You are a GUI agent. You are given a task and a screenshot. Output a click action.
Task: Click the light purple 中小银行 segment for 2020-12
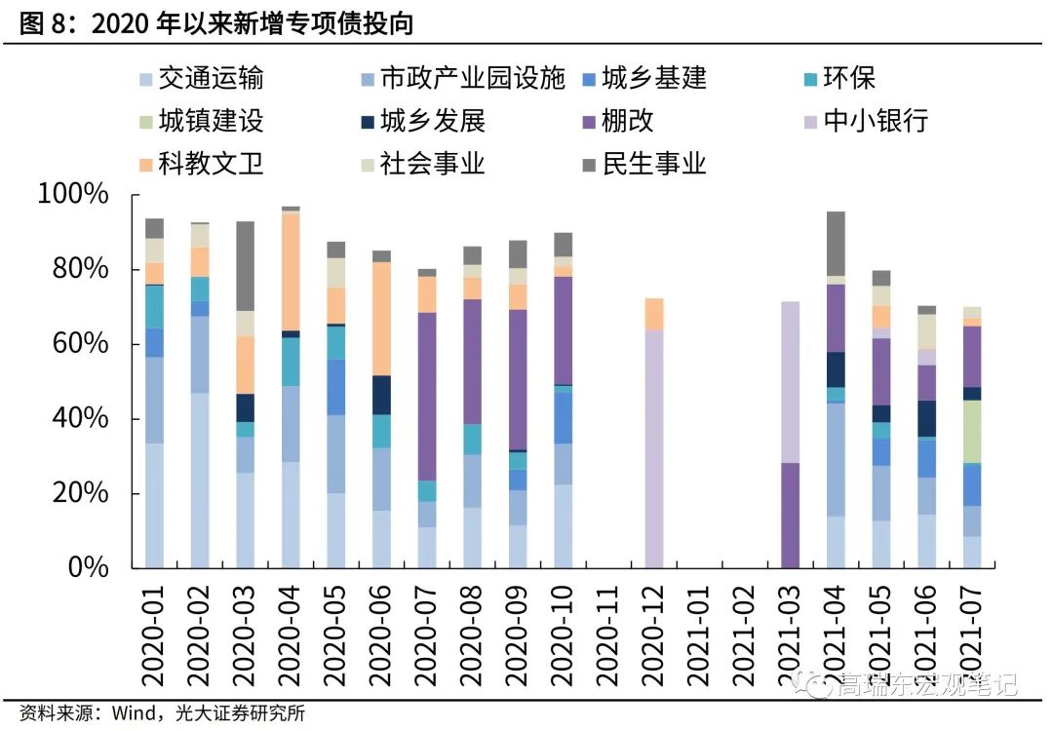point(654,448)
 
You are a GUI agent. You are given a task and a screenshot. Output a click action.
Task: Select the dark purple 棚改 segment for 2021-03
point(791,516)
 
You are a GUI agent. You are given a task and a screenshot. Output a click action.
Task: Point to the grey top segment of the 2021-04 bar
point(836,244)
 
